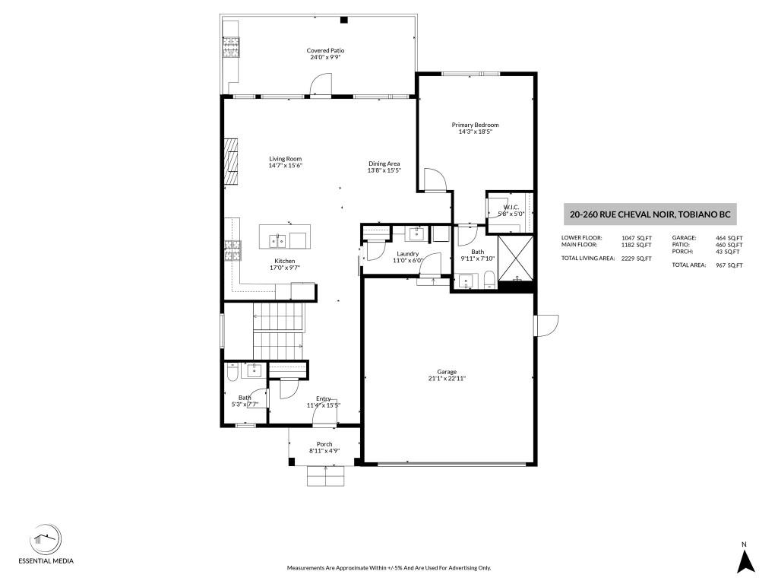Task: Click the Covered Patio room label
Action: coord(325,50)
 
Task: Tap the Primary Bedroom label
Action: coord(475,125)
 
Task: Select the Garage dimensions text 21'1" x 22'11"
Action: coord(447,379)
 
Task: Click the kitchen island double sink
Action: coord(278,241)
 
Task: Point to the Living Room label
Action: coord(286,159)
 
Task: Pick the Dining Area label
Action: coord(384,163)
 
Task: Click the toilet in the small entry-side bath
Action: coord(232,372)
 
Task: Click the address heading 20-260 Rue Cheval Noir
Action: coord(650,214)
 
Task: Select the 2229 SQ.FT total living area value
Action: coord(637,259)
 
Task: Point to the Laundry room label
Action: coord(407,254)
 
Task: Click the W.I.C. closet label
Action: coord(511,207)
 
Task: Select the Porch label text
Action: coord(324,444)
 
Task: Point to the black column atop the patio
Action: coord(343,20)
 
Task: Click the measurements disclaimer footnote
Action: coord(389,567)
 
